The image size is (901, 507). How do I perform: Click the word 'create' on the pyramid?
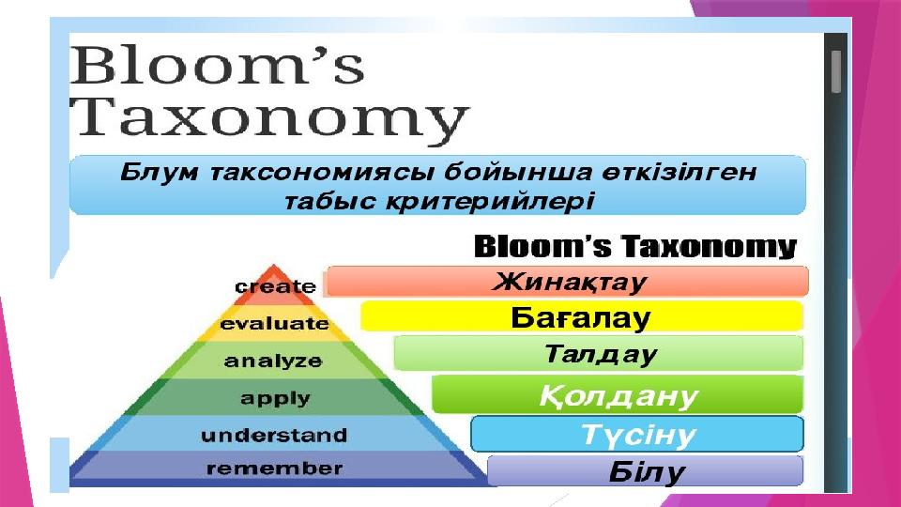[x=275, y=286]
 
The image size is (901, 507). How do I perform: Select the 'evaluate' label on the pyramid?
[x=275, y=324]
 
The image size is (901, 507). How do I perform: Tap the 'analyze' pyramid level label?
[x=273, y=361]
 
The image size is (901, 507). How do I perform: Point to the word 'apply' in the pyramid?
[x=275, y=398]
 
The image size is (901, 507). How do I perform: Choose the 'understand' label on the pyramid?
[x=274, y=435]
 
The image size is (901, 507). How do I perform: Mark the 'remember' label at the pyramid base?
[x=275, y=469]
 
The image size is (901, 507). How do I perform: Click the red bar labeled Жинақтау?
[x=567, y=282]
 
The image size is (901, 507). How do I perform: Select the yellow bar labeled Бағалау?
[x=582, y=316]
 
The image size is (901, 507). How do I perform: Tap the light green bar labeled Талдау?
[x=598, y=354]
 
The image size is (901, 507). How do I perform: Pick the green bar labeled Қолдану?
[x=618, y=395]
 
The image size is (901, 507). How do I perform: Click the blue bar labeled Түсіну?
[x=637, y=434]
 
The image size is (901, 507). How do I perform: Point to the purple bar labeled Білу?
[x=646, y=471]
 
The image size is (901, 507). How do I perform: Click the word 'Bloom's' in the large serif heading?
[x=217, y=65]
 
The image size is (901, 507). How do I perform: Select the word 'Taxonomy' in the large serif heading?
[x=270, y=119]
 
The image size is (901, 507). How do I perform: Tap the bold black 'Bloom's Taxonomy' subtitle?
[x=635, y=247]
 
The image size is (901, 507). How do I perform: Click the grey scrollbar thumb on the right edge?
[x=836, y=71]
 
